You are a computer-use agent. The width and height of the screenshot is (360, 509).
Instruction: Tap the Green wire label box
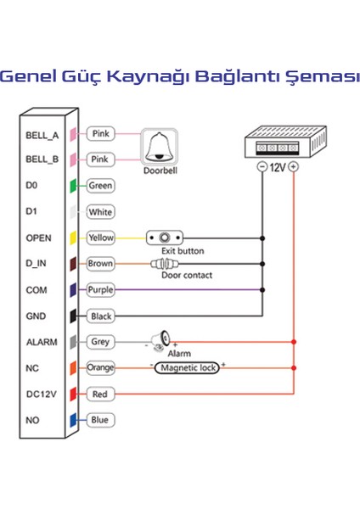click(x=100, y=185)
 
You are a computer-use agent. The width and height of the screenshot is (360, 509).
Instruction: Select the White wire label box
click(x=100, y=212)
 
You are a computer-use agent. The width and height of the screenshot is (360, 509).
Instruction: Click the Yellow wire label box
click(x=100, y=238)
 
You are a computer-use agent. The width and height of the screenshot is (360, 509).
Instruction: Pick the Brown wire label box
click(x=100, y=264)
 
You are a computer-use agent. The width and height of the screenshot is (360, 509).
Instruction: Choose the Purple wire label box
click(x=100, y=289)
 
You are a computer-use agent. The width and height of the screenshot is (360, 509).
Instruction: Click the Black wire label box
click(x=100, y=316)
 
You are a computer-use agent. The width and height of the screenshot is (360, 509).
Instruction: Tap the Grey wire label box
click(x=100, y=342)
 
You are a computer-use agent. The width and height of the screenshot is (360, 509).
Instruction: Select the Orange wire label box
click(x=100, y=368)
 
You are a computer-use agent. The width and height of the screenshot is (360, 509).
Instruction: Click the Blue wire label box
click(x=100, y=420)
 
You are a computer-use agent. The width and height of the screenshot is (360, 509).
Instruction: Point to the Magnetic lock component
click(x=187, y=368)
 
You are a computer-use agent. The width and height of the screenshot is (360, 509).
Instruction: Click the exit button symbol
click(x=166, y=238)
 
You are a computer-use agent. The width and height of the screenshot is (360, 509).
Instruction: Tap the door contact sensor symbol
click(x=170, y=264)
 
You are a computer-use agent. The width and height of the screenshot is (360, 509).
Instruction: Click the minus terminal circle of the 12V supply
click(x=262, y=168)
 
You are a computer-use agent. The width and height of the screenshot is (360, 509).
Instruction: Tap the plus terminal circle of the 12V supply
click(x=294, y=168)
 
